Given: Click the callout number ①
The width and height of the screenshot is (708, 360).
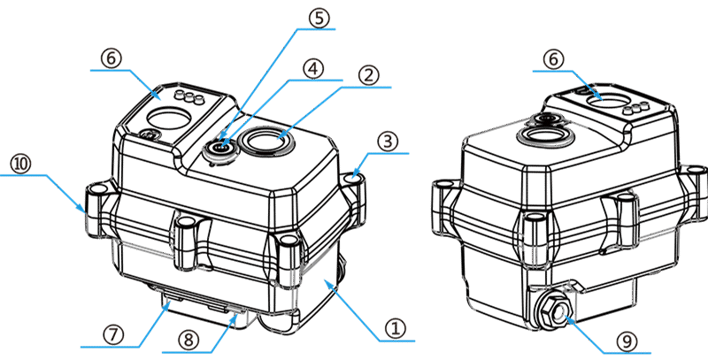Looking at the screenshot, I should (396, 329).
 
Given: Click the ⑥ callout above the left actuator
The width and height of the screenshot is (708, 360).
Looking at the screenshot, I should (111, 57).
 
